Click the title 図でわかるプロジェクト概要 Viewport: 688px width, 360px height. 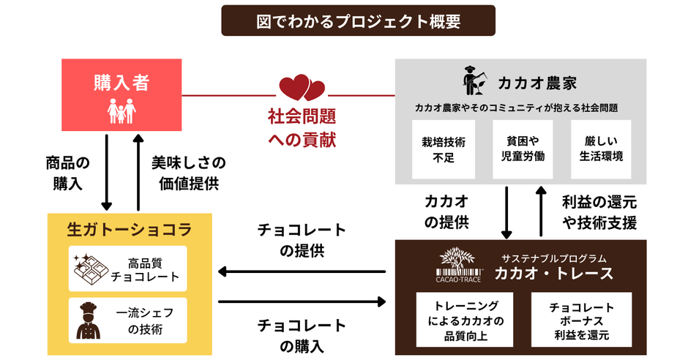[x=358, y=20]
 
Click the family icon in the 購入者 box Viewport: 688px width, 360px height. [x=121, y=111]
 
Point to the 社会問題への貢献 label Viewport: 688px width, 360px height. [x=302, y=128]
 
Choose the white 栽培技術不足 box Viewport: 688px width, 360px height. [x=444, y=149]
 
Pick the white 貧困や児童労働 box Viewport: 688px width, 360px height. [x=521, y=149]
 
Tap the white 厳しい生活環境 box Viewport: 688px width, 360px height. [x=601, y=149]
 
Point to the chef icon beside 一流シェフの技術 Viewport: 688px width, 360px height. [x=89, y=320]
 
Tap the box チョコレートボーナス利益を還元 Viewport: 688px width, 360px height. [x=581, y=321]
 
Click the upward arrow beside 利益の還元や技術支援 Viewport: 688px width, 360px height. [x=541, y=211]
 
